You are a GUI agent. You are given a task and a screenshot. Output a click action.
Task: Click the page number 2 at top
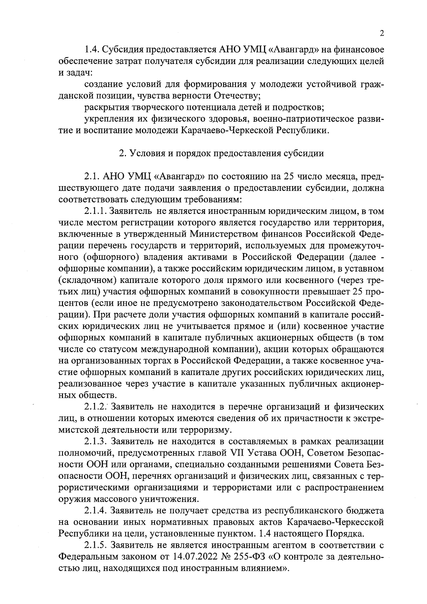click(x=382, y=33)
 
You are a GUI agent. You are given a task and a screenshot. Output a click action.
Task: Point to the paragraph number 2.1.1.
click(x=96, y=211)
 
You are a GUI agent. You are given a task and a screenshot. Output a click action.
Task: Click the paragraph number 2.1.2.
click(x=95, y=407)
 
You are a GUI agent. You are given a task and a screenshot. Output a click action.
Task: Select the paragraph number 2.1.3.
click(x=96, y=442)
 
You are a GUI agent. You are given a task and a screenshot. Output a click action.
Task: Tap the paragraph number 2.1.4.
click(x=96, y=511)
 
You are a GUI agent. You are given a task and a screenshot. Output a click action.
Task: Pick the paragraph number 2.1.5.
click(x=96, y=546)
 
